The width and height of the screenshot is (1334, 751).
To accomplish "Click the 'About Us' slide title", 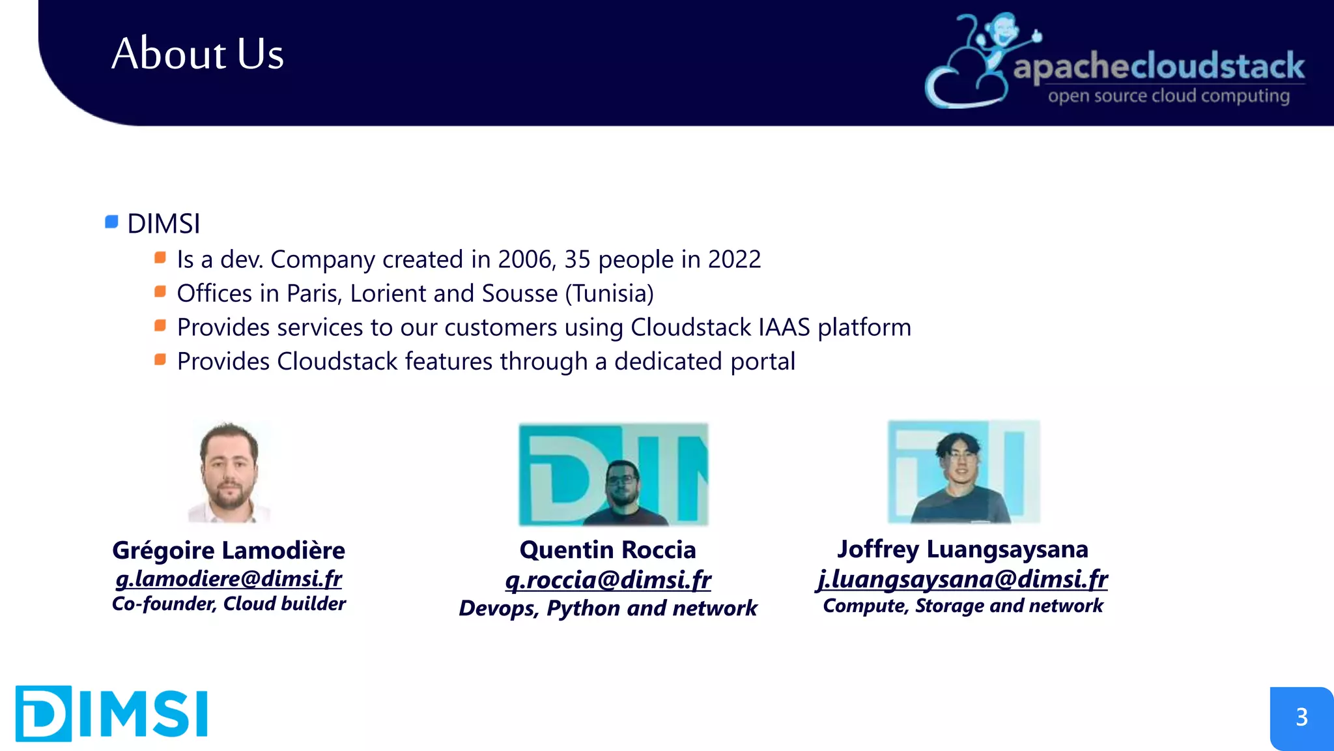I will pyautogui.click(x=197, y=53).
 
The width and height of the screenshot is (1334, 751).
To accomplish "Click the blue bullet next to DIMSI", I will pyautogui.click(x=111, y=222).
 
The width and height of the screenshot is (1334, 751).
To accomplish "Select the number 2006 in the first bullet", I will pyautogui.click(x=524, y=259).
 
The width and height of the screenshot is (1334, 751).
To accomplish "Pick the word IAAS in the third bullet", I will pyautogui.click(x=784, y=327).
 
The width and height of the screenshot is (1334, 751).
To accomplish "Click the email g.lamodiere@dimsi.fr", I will pyautogui.click(x=229, y=578).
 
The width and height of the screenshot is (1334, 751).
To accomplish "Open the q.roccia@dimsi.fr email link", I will pyautogui.click(x=608, y=580).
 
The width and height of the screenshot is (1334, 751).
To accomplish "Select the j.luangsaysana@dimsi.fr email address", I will pyautogui.click(x=962, y=579).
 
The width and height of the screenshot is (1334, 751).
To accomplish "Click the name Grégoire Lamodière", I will pyautogui.click(x=229, y=550).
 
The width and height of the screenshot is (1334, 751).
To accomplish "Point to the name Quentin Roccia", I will pyautogui.click(x=608, y=550).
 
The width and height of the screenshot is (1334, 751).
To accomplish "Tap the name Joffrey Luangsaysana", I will pyautogui.click(x=962, y=549).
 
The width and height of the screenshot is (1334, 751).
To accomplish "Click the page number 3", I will pyautogui.click(x=1301, y=717).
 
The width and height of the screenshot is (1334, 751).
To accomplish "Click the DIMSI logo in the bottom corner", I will pyautogui.click(x=111, y=713).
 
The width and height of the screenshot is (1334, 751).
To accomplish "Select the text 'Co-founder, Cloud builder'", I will pyautogui.click(x=229, y=604).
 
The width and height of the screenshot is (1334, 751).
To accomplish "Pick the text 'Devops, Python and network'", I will pyautogui.click(x=608, y=608).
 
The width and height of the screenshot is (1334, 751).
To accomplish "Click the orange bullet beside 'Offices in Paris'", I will pyautogui.click(x=160, y=291).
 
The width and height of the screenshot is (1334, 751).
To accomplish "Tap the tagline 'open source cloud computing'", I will pyautogui.click(x=1169, y=96).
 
